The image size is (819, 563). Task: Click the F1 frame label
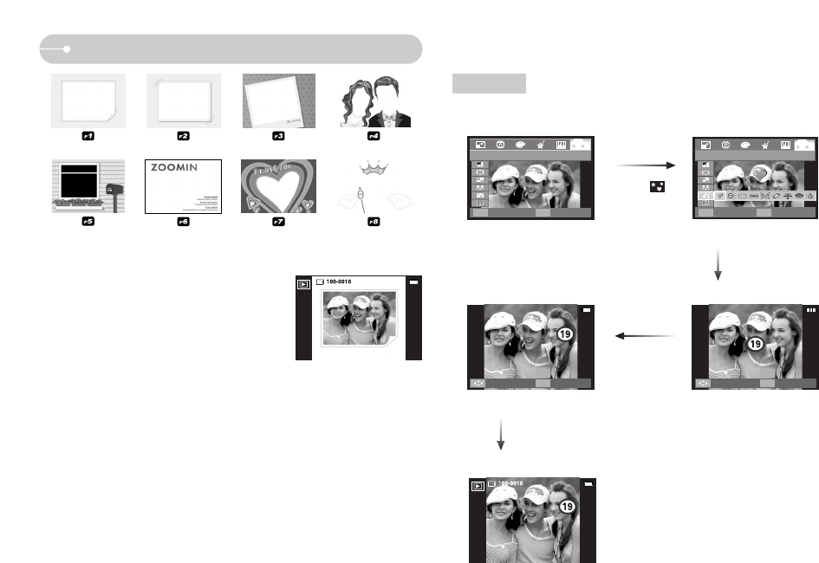88,136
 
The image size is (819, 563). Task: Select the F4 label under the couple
374,136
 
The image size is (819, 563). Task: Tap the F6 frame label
183,222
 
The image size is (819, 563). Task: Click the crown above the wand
374,167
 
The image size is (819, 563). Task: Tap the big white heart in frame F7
277,183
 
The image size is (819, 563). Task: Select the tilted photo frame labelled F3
277,100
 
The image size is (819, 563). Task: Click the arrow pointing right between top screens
646,165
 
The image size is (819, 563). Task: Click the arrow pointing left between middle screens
646,336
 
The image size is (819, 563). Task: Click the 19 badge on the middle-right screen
756,345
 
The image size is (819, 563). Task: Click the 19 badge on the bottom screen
568,506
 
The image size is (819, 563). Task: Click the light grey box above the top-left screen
489,83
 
